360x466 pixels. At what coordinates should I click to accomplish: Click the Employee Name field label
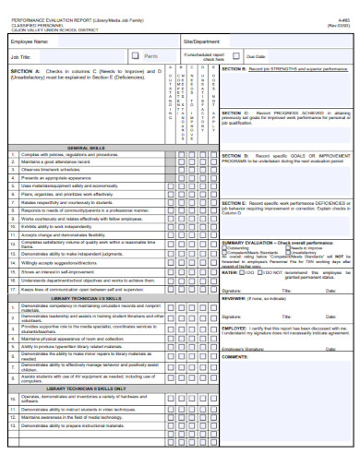pos(27,42)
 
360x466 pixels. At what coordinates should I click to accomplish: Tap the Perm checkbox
pos(138,57)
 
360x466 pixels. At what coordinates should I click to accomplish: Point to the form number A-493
pos(343,6)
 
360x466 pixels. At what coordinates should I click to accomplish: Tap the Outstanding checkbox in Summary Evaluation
pos(224,246)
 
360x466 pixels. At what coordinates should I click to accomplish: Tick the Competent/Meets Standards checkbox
pos(224,251)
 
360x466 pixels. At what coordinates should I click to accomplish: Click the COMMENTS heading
pos(234,330)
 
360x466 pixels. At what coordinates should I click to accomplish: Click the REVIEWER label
pos(234,298)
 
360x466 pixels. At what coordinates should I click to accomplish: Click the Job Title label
pos(20,57)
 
